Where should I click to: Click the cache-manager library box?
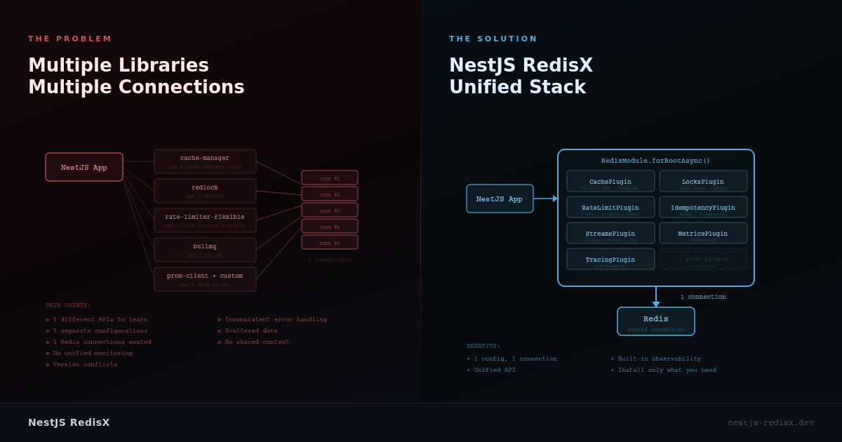point(205,161)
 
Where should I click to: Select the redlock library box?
point(205,191)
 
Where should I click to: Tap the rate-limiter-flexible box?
point(205,220)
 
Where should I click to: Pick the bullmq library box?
point(205,250)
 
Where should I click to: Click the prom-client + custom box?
point(205,279)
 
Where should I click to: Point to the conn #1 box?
point(329,178)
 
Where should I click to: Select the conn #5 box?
point(329,242)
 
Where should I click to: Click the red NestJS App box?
point(84,167)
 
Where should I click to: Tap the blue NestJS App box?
point(500,199)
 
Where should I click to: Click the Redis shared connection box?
point(655,321)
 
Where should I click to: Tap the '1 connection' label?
point(703,297)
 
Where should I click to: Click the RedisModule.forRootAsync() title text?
point(655,161)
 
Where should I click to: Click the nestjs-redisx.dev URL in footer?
point(770,422)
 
